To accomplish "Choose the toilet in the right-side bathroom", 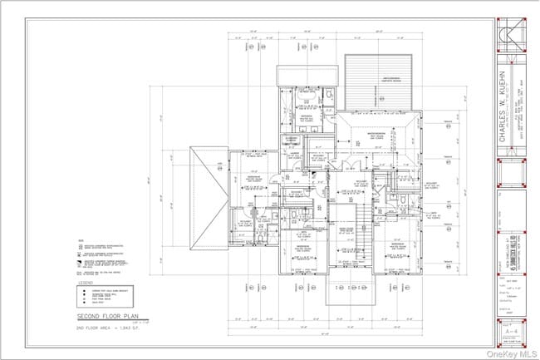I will click(x=400, y=202).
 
